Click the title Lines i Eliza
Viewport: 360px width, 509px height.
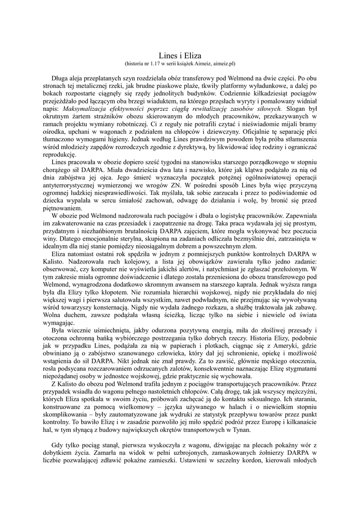tap(180, 56)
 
